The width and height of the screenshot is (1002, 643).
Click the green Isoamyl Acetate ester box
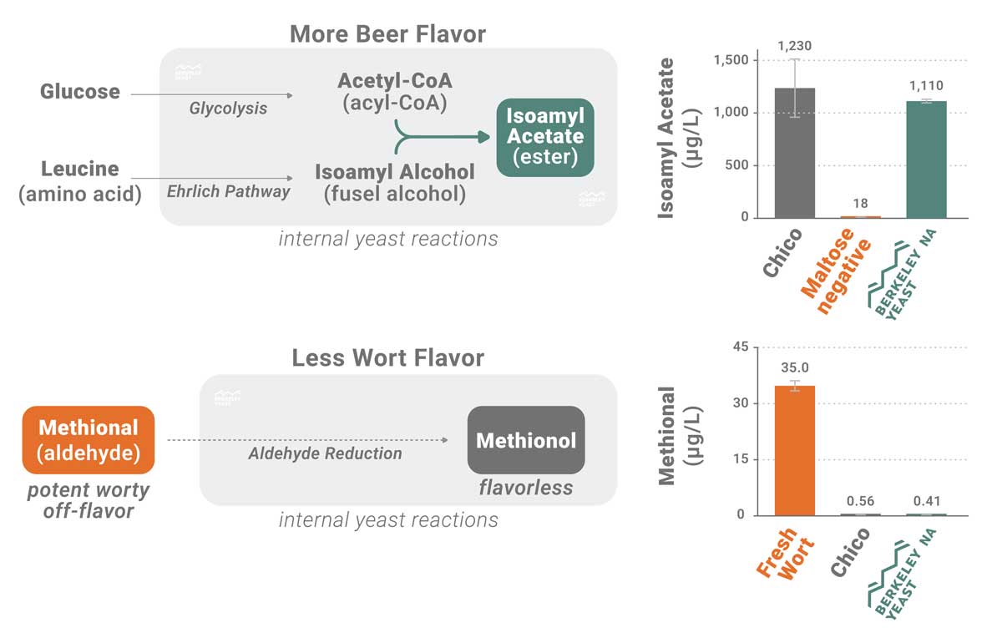point(545,137)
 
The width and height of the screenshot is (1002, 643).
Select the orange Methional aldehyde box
point(89,440)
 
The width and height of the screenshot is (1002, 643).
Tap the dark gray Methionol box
point(525,440)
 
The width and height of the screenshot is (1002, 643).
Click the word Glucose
point(79,92)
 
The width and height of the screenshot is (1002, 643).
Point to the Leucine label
point(80,169)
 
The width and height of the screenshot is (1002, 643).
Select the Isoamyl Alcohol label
point(394,172)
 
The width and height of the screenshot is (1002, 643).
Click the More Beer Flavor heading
point(387,34)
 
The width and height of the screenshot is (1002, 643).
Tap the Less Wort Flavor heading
point(387,358)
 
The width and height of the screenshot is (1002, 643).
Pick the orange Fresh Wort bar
point(795,450)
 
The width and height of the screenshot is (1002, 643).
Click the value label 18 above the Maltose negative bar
point(860,204)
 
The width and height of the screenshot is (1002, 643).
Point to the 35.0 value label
point(795,367)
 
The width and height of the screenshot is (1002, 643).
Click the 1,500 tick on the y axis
point(731,60)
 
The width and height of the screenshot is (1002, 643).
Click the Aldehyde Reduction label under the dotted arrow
point(325,453)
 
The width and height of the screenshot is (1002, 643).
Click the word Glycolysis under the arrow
point(228,108)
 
